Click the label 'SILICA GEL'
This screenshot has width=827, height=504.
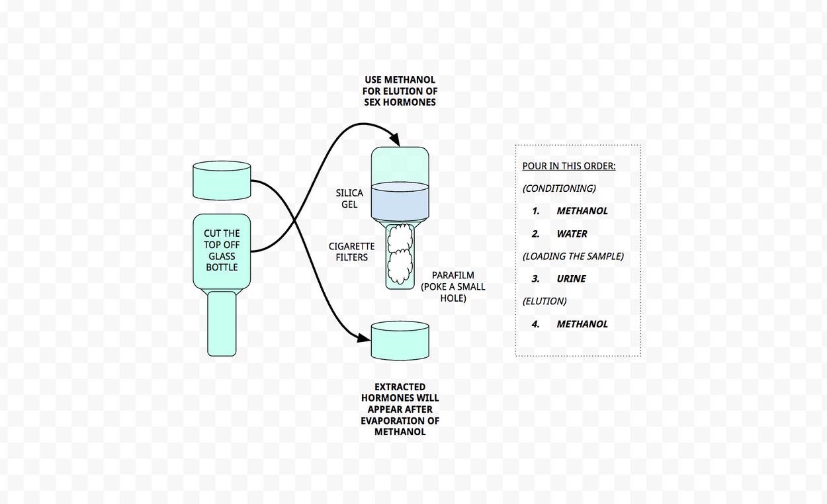(x=349, y=198)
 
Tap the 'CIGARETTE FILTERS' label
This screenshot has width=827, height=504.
(x=351, y=251)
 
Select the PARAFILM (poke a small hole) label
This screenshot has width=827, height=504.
(x=453, y=286)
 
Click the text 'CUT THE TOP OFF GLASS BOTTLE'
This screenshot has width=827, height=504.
(x=222, y=250)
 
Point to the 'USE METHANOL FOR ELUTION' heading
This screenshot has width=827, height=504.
(x=400, y=91)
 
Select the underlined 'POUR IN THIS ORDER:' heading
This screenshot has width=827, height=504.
(x=569, y=166)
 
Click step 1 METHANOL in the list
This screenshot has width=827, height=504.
(x=582, y=211)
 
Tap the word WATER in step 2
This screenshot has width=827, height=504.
(x=572, y=234)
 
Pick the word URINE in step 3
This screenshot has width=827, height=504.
(x=571, y=278)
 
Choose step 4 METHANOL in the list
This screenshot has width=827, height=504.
(x=582, y=324)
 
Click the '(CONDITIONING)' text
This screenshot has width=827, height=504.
(x=559, y=189)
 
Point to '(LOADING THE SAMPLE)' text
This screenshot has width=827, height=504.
(x=573, y=256)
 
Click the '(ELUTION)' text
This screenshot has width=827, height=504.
(x=544, y=302)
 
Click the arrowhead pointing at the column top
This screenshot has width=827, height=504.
(x=395, y=140)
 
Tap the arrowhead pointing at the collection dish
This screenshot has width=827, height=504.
(x=364, y=337)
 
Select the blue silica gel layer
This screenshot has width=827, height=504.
(x=400, y=201)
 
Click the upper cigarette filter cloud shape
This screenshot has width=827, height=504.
(x=400, y=237)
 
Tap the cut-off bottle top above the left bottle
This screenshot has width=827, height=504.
(x=222, y=181)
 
